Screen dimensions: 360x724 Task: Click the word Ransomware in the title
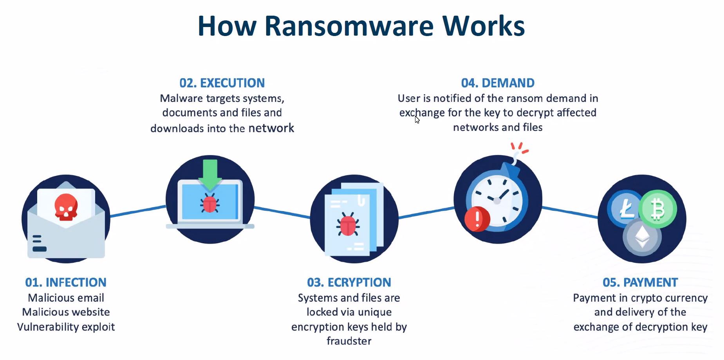[x=349, y=26]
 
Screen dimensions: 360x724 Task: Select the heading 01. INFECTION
[x=66, y=282]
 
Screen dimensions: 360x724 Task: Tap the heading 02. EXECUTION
[x=222, y=83]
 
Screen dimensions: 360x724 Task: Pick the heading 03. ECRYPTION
[x=349, y=282]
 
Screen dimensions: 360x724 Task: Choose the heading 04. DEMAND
[x=498, y=83]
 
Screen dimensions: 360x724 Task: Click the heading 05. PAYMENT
[x=640, y=282]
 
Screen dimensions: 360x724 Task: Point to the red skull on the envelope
[x=66, y=206]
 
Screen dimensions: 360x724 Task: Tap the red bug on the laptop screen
[x=210, y=204]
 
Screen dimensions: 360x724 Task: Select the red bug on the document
[x=348, y=225]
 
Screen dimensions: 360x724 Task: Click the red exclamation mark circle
[x=477, y=219]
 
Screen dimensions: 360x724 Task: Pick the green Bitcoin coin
[x=658, y=209]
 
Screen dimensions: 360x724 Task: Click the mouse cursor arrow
[x=417, y=119]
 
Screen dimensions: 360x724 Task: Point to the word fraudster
[x=349, y=341]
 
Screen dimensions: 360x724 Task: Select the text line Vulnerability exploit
[x=66, y=327]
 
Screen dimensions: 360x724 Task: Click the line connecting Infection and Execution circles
[x=138, y=211]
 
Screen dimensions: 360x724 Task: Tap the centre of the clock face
[x=497, y=201]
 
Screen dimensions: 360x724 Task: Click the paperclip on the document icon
[x=361, y=201]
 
